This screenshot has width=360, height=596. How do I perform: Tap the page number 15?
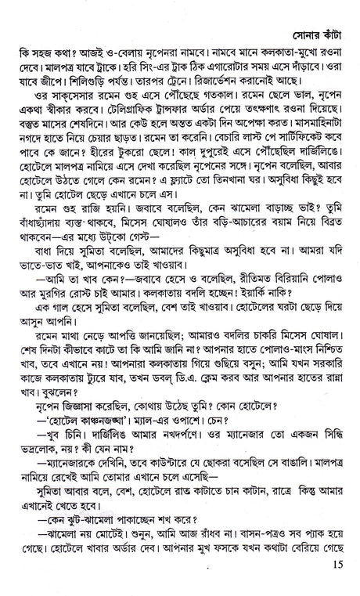337,583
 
